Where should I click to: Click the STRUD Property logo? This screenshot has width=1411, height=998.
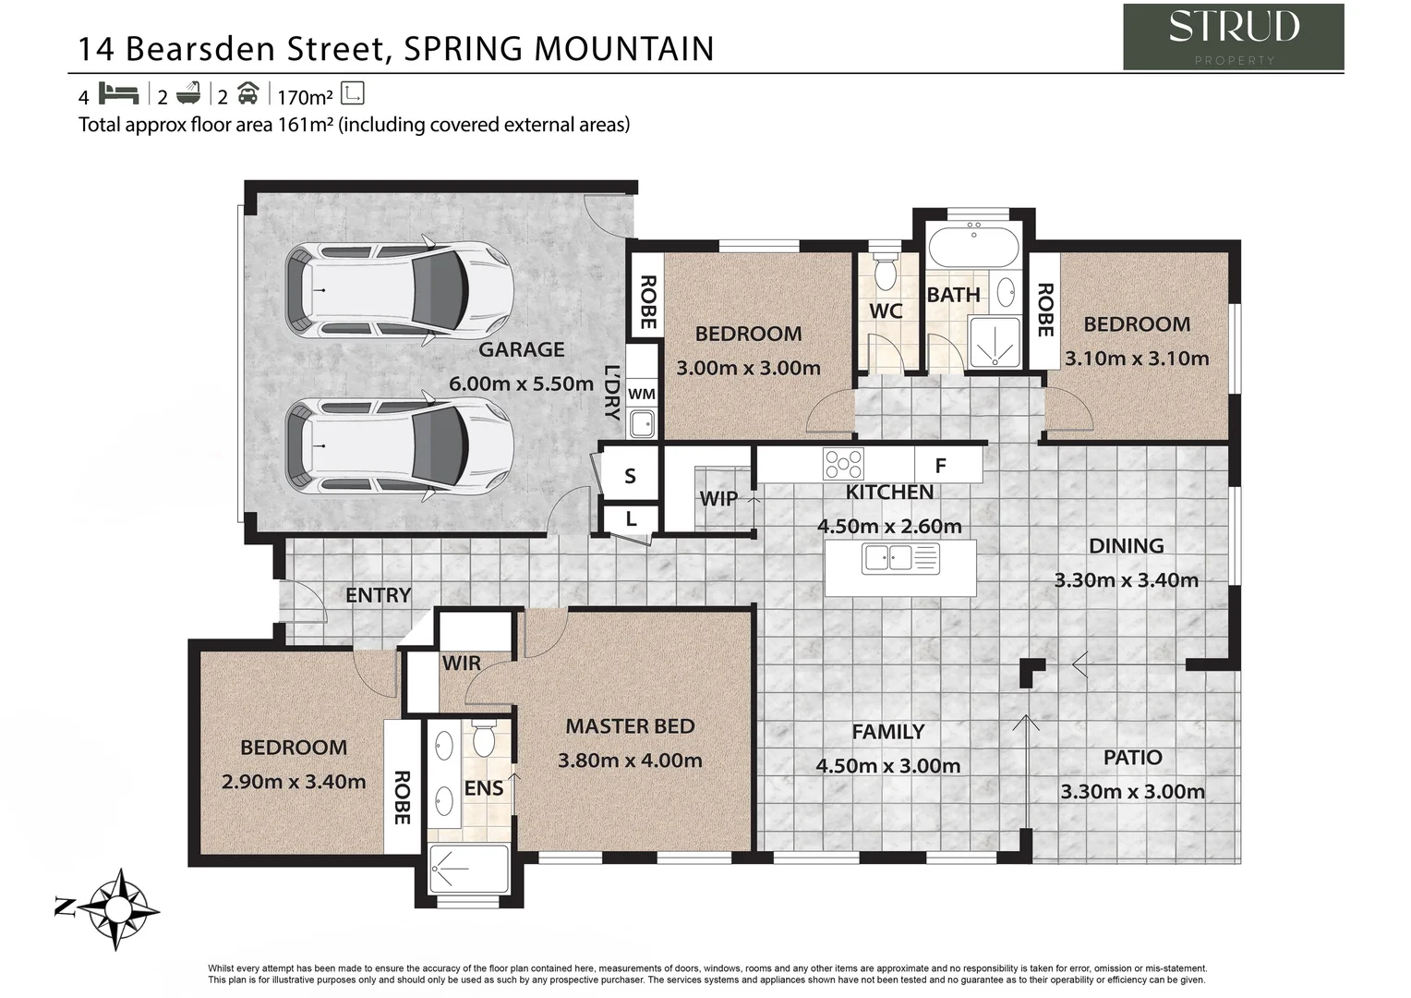[x=1232, y=36]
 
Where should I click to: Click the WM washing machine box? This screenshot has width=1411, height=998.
[x=641, y=394]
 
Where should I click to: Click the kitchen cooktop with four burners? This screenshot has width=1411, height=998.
[x=843, y=463]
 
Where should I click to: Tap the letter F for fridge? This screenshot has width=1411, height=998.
[x=940, y=466]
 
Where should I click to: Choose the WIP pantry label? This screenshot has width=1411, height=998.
[x=718, y=499]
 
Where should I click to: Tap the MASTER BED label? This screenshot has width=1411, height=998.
[x=630, y=726]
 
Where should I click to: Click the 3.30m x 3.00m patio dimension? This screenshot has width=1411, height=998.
[x=1132, y=792]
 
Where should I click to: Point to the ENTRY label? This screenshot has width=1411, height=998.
[x=378, y=595]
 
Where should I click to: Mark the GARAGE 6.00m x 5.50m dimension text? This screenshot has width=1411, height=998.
[x=521, y=383]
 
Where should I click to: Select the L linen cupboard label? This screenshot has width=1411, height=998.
[x=631, y=519]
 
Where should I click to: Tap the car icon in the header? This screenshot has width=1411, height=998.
[x=247, y=94]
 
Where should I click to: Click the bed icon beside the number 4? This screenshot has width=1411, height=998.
[x=118, y=94]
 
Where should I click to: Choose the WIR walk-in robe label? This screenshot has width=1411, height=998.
[x=461, y=663]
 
